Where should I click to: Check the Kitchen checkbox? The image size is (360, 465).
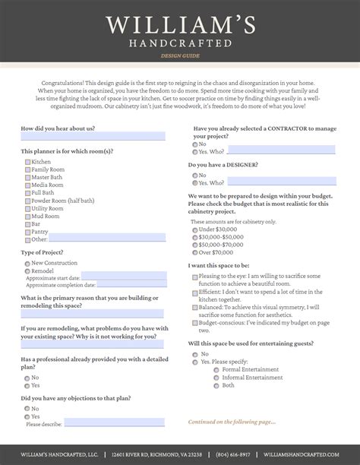(27, 162)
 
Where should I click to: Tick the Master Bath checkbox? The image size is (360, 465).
(27, 177)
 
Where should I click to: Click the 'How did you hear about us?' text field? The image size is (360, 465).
(92, 137)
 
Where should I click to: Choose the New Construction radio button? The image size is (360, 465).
(27, 263)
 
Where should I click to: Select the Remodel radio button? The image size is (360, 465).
(27, 270)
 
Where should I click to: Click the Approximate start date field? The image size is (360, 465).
(123, 277)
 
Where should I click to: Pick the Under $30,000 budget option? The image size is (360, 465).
(195, 229)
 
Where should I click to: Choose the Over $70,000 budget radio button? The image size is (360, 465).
(195, 252)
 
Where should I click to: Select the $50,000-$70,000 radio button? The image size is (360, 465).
(195, 245)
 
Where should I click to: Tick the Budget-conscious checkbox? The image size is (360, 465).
(195, 323)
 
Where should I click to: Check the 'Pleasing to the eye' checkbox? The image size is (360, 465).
(195, 277)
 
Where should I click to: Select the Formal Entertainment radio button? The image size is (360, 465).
(216, 370)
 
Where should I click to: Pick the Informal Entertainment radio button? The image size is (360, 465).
(216, 378)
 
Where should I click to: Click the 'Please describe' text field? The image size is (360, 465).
(103, 422)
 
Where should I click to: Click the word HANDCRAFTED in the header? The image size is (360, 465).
(180, 43)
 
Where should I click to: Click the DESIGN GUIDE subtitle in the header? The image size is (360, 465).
(180, 56)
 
